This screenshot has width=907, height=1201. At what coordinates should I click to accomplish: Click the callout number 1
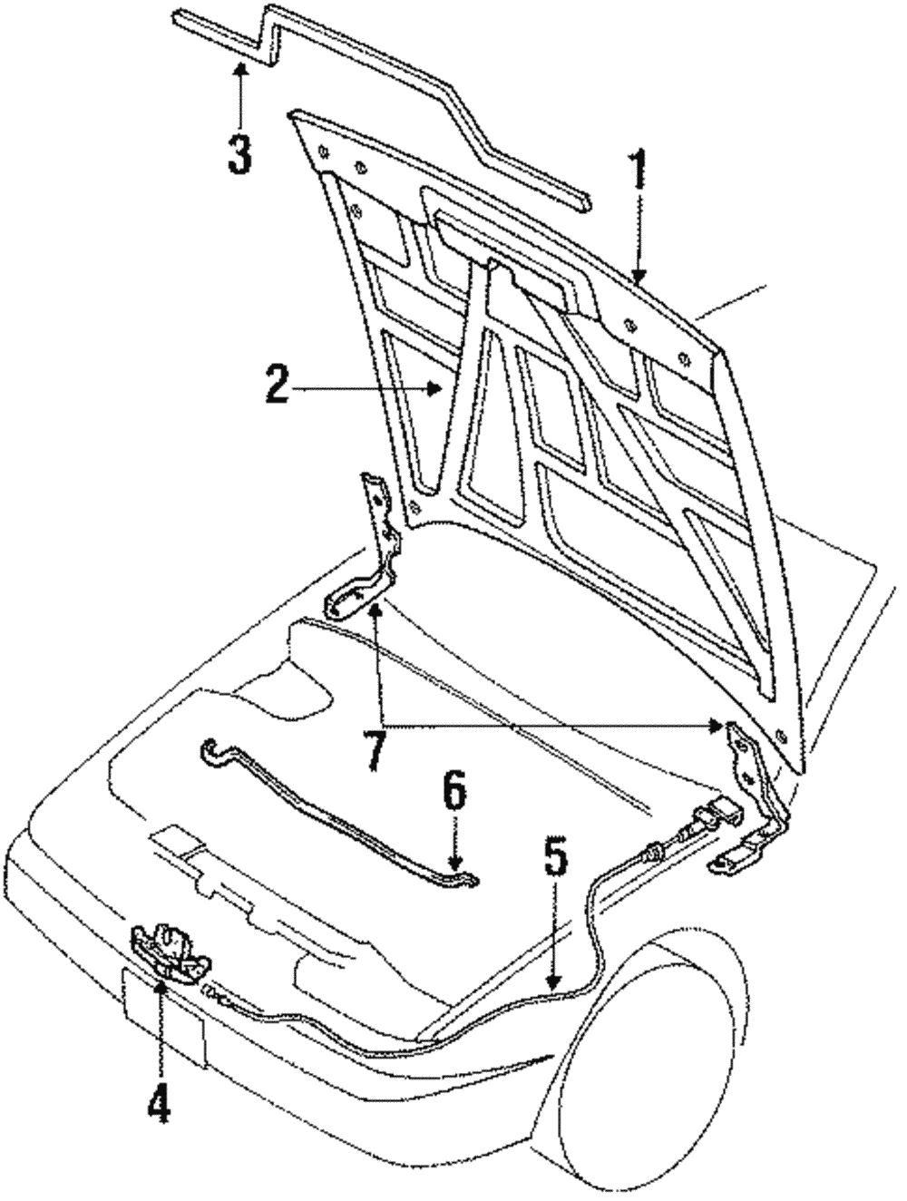pos(639,171)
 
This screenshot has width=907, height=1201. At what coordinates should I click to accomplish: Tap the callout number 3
pos(239,154)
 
